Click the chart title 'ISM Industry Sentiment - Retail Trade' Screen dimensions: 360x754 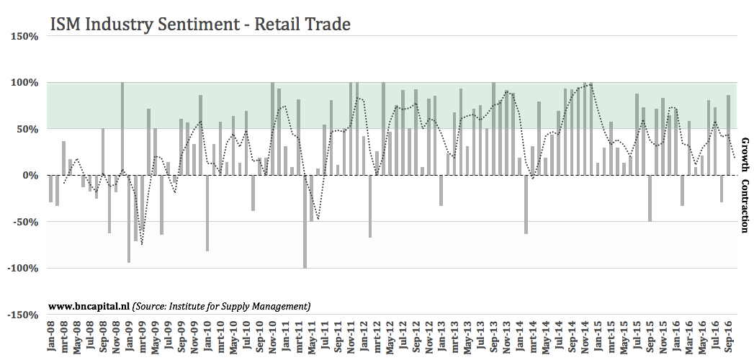[x=199, y=24]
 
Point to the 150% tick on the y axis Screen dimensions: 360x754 [x=23, y=36]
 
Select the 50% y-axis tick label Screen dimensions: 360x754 [x=26, y=129]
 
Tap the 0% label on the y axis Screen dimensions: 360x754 [x=29, y=175]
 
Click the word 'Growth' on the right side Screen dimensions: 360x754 [x=745, y=156]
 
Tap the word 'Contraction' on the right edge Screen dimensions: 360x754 [x=745, y=206]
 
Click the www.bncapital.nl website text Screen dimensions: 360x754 [x=89, y=305]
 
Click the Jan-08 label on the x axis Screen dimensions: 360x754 [x=51, y=338]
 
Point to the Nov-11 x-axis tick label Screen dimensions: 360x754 [x=350, y=338]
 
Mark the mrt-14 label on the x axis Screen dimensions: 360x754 [x=532, y=338]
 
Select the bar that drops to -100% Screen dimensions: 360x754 [x=305, y=221]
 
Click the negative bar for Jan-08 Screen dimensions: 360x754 [x=51, y=189]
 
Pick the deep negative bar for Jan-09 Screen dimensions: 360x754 [x=129, y=219]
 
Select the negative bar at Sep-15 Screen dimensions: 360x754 [x=650, y=198]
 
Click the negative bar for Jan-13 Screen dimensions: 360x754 [x=441, y=190]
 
